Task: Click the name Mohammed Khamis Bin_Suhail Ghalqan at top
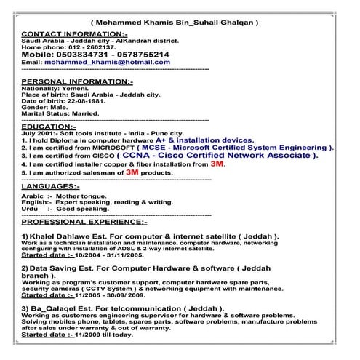coord(175,23)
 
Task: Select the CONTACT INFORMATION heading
coord(75,34)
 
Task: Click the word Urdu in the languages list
coord(31,209)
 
